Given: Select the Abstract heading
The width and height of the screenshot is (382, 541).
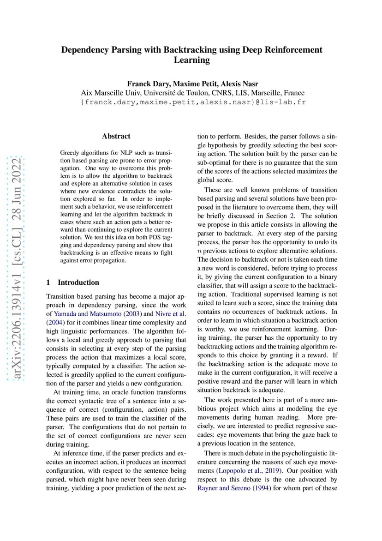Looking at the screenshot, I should click(116, 136).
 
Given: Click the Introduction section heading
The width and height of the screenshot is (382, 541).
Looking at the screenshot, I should click(78, 283).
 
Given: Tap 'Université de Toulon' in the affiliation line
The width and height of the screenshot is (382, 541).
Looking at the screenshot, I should click(171, 93).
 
